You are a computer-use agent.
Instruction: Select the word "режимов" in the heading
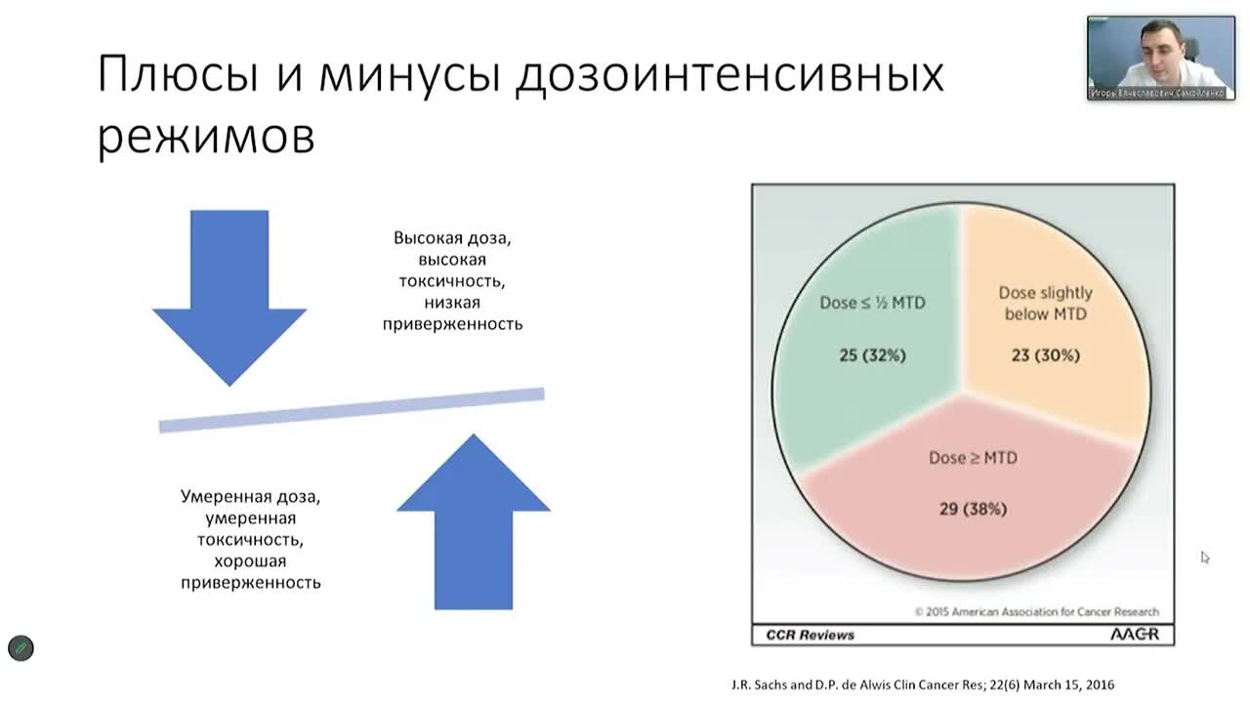tap(206, 138)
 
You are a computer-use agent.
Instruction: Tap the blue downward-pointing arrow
tap(229, 293)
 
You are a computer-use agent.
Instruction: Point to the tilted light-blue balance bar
tap(352, 410)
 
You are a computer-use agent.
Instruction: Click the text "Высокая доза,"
tap(452, 238)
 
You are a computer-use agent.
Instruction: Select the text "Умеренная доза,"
tap(250, 496)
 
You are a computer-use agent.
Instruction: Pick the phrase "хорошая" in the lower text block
tap(250, 560)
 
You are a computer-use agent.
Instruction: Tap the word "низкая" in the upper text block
tap(452, 303)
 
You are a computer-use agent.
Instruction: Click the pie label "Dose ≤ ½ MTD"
tap(872, 303)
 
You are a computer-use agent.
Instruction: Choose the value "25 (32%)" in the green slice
tap(872, 355)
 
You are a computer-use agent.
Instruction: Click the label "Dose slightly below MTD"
tap(1045, 303)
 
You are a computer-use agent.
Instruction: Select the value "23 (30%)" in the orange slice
tap(1045, 355)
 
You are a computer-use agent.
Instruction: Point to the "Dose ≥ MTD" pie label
tap(972, 457)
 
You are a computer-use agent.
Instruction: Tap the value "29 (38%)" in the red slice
tap(972, 509)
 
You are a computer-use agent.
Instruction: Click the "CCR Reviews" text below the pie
tap(810, 635)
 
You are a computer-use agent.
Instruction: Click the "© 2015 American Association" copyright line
tap(1037, 612)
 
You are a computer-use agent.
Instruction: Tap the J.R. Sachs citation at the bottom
tap(922, 684)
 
